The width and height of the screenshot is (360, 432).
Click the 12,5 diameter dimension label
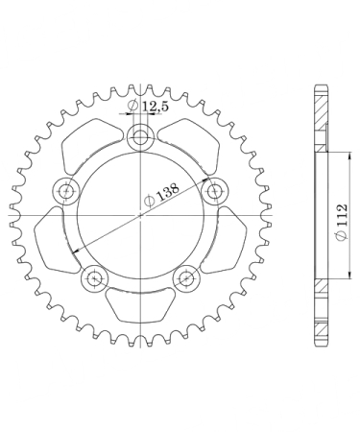pyautogui.click(x=148, y=106)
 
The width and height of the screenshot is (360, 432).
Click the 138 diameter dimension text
pyautogui.click(x=161, y=194)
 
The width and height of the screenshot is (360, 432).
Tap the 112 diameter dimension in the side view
pyautogui.click(x=342, y=221)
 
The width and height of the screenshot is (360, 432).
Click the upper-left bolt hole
pyautogui.click(x=66, y=192)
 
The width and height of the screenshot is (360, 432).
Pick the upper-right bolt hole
pyautogui.click(x=214, y=192)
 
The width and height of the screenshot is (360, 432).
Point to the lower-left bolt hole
pyautogui.click(x=95, y=278)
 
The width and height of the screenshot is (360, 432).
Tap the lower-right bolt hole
pyautogui.click(x=186, y=278)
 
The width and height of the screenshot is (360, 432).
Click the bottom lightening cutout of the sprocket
pyautogui.click(x=140, y=304)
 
